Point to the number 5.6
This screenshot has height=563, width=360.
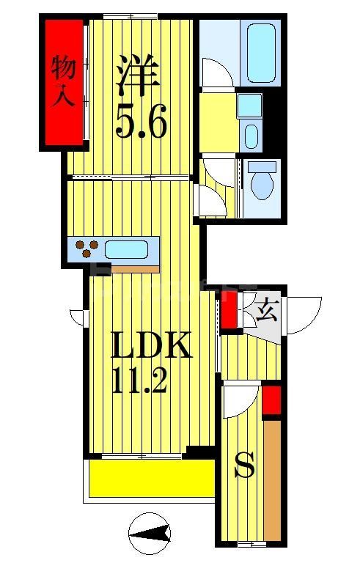[x=141, y=121]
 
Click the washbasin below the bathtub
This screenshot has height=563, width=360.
[x=251, y=136]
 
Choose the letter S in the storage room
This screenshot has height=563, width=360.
[x=243, y=466]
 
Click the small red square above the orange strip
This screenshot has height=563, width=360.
[x=271, y=400]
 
